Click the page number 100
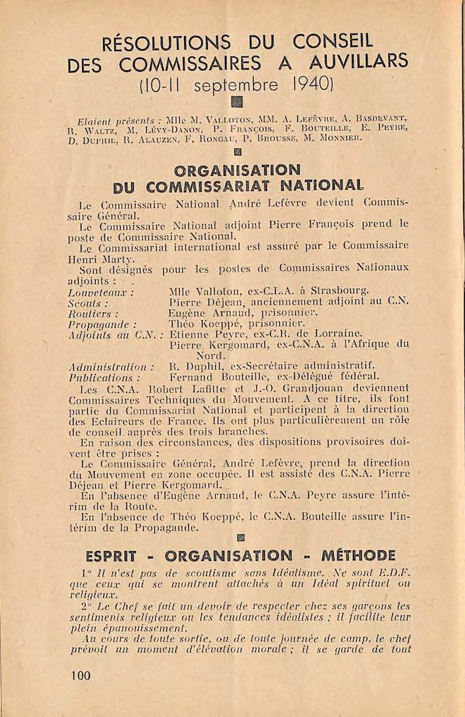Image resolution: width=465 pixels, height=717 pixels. tap(78, 675)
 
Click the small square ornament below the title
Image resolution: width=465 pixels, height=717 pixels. tap(237, 102)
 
